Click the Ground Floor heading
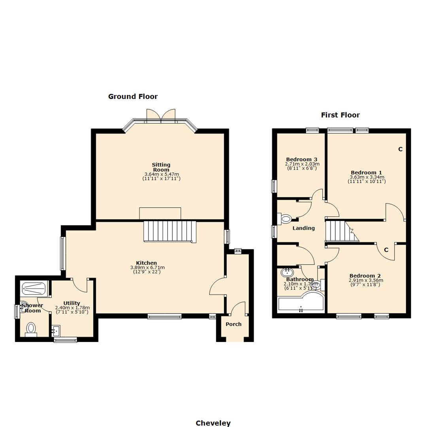pyautogui.click(x=133, y=96)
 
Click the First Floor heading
pyautogui.click(x=340, y=115)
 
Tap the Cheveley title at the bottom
pyautogui.click(x=213, y=423)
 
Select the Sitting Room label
pyautogui.click(x=161, y=167)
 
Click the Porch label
pyautogui.click(x=233, y=324)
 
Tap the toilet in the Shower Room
pyautogui.click(x=31, y=329)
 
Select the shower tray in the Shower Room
pyautogui.click(x=34, y=288)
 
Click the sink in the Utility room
pyautogui.click(x=56, y=331)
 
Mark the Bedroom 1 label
pyautogui.click(x=366, y=172)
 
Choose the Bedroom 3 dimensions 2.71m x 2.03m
pyautogui.click(x=302, y=164)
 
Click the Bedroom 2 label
pyautogui.click(x=365, y=276)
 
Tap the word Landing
pyautogui.click(x=303, y=228)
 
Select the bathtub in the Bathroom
pyautogui.click(x=300, y=304)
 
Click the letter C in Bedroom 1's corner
pyautogui.click(x=400, y=149)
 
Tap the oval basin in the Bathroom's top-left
pyautogui.click(x=287, y=272)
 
